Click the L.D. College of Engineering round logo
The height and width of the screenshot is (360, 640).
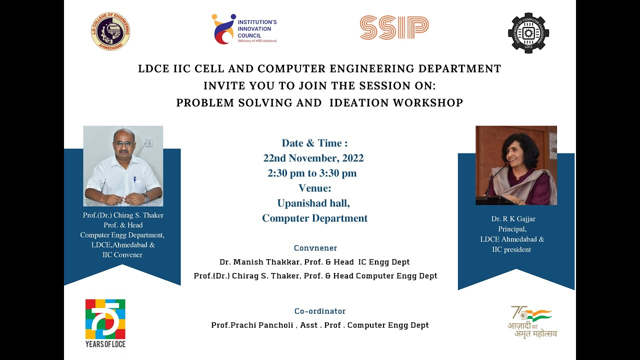click(x=110, y=31)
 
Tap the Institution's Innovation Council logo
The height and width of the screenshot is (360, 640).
click(x=244, y=29)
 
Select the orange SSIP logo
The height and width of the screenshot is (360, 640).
click(x=394, y=28)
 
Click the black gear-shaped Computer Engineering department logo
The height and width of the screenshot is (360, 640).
click(x=528, y=33)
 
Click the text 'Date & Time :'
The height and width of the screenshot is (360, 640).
click(x=314, y=143)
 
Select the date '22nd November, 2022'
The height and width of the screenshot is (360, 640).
click(x=313, y=158)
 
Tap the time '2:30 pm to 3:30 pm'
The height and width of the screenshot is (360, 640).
click(x=312, y=173)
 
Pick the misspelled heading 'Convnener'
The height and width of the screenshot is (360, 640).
click(x=315, y=248)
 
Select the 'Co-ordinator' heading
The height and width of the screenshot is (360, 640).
click(x=320, y=311)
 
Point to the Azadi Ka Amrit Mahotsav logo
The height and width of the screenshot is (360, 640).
click(x=533, y=321)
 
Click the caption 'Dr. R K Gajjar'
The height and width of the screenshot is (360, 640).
click(x=513, y=219)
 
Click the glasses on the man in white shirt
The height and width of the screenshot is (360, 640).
click(x=123, y=144)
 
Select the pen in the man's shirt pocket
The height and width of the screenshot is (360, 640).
click(x=134, y=178)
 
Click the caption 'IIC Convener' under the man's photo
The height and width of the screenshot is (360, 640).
click(x=122, y=255)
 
